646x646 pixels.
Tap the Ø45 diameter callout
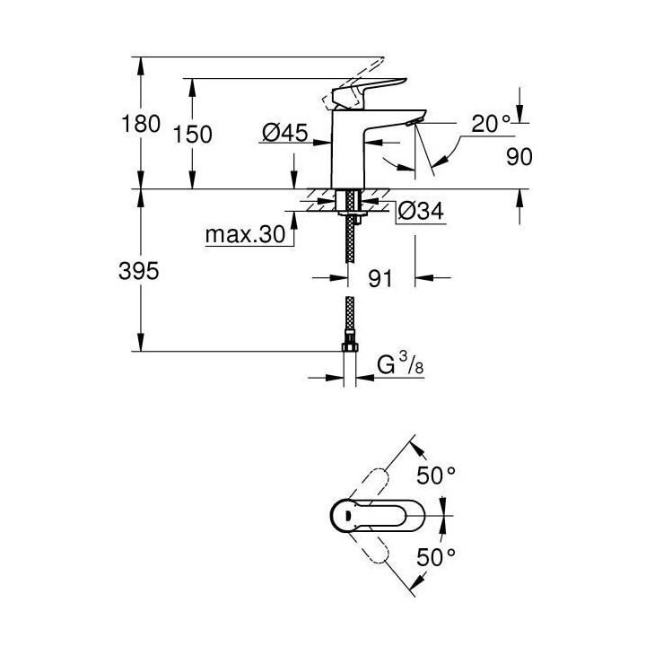pos(284,134)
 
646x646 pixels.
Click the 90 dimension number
pos(519,156)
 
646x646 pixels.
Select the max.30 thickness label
pos(244,235)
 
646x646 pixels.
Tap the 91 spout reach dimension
pos(381,279)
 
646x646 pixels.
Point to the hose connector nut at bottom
pos(350,345)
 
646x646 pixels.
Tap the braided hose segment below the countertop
pos(350,242)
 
